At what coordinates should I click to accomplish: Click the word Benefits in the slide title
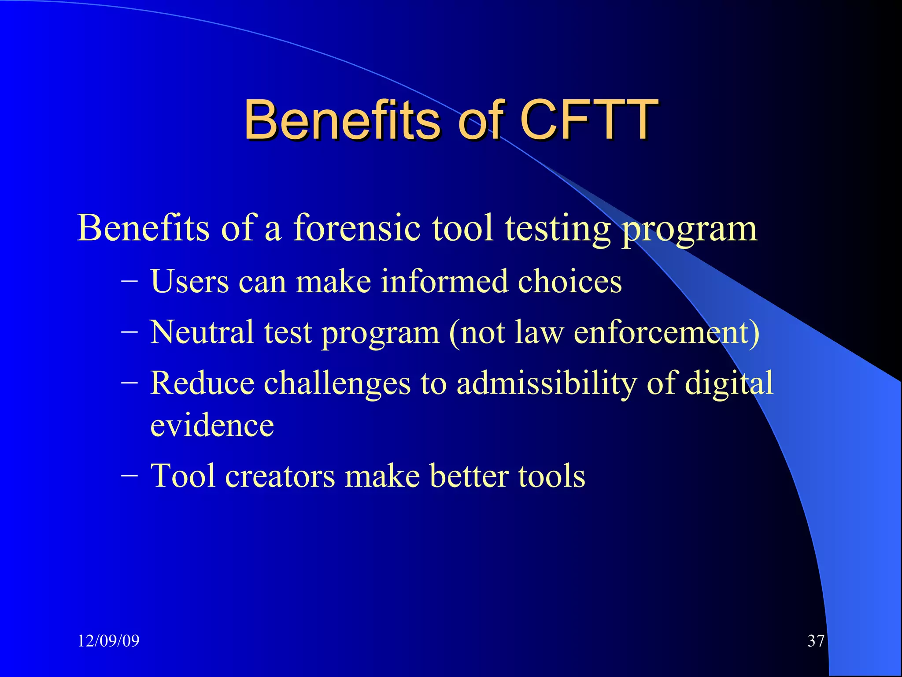(x=341, y=119)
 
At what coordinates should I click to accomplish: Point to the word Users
(x=189, y=281)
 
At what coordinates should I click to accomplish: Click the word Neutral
(x=202, y=332)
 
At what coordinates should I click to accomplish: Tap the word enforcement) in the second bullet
(x=666, y=332)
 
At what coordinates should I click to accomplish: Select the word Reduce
(x=202, y=383)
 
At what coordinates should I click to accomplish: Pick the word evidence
(x=212, y=425)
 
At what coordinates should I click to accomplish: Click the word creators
(x=280, y=476)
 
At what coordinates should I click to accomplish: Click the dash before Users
(x=129, y=280)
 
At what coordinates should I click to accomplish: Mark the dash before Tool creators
(x=129, y=475)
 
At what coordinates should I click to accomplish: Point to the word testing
(x=558, y=228)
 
